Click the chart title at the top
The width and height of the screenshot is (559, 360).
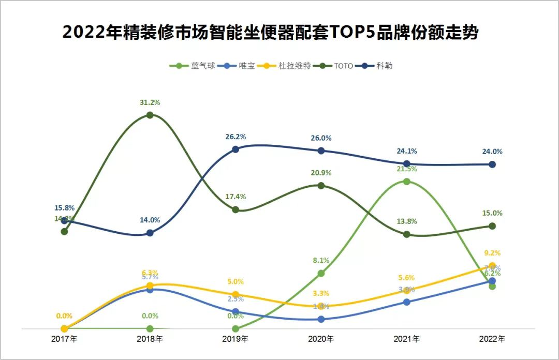[270, 33]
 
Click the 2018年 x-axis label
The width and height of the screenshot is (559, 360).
[150, 339]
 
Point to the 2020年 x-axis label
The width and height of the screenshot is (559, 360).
[321, 339]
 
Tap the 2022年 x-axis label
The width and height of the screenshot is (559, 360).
[492, 339]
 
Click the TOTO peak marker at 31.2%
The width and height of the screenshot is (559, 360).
[150, 115]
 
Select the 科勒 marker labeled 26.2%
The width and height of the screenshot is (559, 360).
[236, 149]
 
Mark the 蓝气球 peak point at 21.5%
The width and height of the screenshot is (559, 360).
[407, 182]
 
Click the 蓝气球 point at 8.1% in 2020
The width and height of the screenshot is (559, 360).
[321, 273]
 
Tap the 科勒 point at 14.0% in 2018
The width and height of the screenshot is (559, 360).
[150, 233]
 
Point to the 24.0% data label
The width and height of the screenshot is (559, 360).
[492, 152]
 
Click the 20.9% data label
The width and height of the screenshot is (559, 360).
[321, 173]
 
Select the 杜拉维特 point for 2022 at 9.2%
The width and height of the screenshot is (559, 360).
[492, 266]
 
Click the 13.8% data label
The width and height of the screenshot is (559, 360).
[407, 221]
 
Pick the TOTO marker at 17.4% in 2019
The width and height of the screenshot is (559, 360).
[236, 209]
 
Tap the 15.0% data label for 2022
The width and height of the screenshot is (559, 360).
[492, 213]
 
